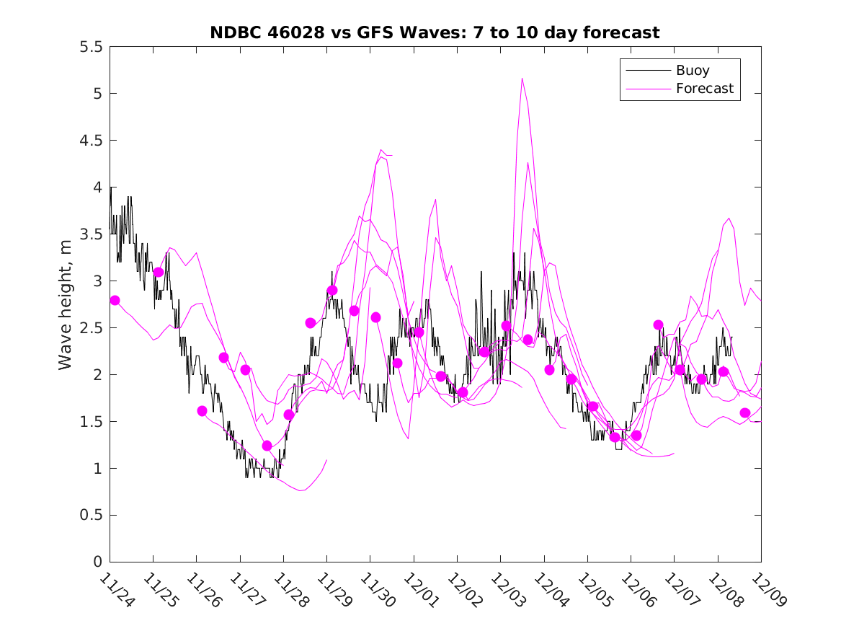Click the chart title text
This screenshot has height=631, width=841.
435,32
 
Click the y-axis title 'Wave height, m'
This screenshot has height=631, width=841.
66,304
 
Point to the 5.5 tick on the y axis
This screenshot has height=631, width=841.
92,47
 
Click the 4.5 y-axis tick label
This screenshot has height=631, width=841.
92,141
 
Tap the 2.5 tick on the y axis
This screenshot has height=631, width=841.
92,328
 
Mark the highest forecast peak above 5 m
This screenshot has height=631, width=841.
522,78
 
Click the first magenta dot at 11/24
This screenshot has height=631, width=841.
115,300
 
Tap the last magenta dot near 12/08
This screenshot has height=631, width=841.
745,412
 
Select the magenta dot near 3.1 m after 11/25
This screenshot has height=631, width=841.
158,272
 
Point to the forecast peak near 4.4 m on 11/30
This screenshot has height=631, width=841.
381,150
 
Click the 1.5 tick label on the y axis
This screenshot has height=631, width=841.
92,422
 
